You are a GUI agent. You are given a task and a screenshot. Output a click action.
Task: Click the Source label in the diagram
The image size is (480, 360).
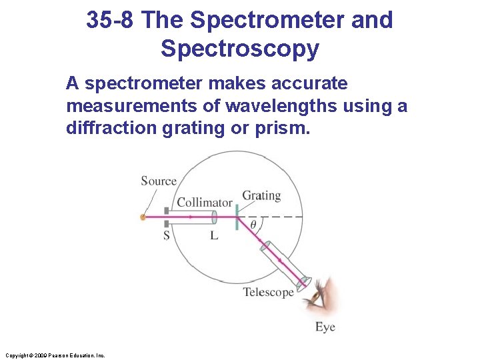159,181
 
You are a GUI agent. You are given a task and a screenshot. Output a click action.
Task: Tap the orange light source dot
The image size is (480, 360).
143,217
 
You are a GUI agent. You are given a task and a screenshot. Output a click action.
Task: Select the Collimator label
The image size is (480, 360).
204,202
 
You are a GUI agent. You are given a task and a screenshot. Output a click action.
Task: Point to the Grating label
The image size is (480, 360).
261,195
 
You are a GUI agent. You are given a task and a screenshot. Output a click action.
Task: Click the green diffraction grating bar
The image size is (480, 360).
237,217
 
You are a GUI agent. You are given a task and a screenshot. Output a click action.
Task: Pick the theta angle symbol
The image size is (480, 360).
253,225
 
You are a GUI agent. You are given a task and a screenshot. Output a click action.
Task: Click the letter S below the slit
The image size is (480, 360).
167,235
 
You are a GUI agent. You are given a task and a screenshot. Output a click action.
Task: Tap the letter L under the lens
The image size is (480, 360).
214,235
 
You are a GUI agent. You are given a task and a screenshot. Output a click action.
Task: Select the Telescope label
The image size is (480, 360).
268,292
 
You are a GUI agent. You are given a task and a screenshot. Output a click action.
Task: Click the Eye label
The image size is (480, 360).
325,327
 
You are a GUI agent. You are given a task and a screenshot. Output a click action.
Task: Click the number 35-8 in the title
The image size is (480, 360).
111,20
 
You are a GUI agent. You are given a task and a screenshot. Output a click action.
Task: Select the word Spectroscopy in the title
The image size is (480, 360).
240,49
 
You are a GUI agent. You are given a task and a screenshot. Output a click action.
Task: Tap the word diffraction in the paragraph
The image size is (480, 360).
111,128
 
